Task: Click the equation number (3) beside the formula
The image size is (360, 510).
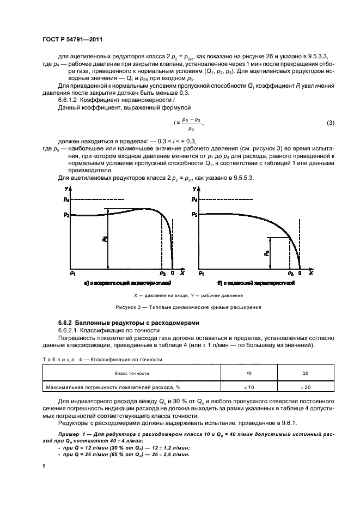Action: click(330, 123)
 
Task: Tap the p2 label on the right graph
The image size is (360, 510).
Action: click(194, 214)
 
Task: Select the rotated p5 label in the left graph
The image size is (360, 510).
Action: click(105, 239)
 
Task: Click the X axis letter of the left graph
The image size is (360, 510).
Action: click(182, 272)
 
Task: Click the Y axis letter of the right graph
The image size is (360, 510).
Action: click(194, 189)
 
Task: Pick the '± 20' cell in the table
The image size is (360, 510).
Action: click(305, 387)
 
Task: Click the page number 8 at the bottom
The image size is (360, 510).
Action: click(44, 466)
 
